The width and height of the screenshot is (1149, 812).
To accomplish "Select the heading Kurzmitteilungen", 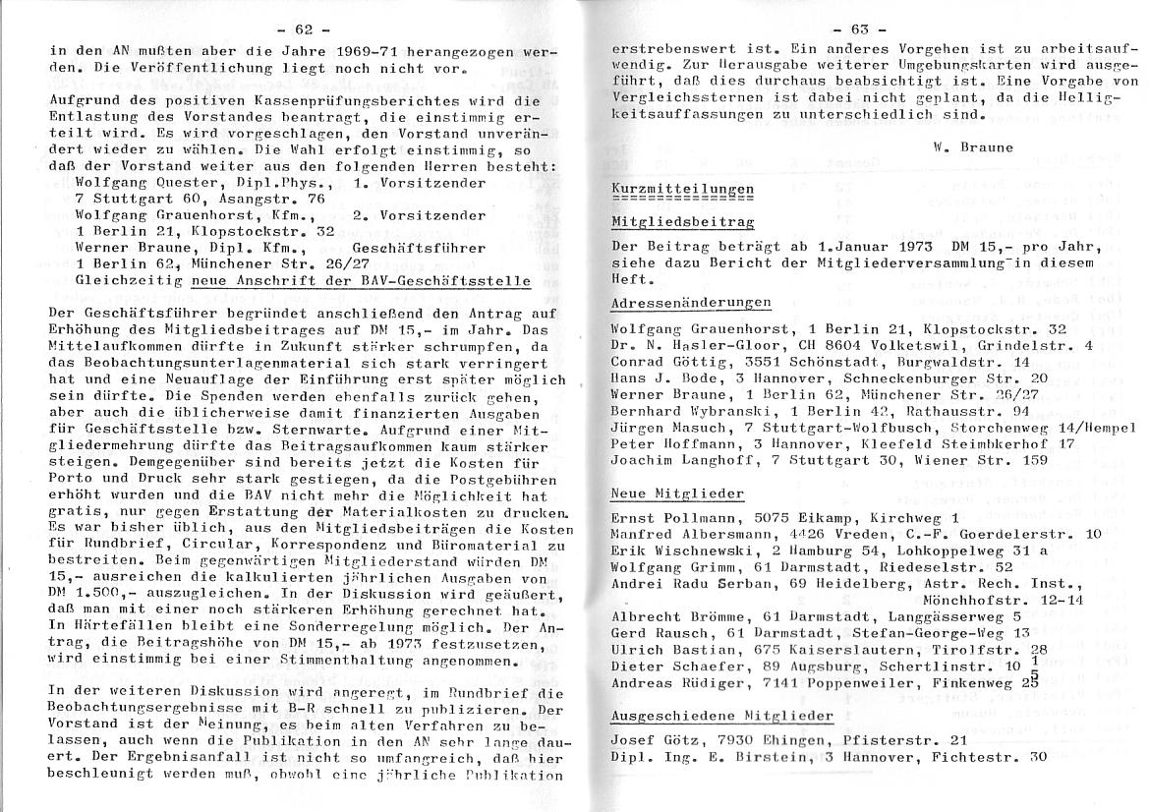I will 682,188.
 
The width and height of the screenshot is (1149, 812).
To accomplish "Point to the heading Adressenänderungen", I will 690,303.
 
